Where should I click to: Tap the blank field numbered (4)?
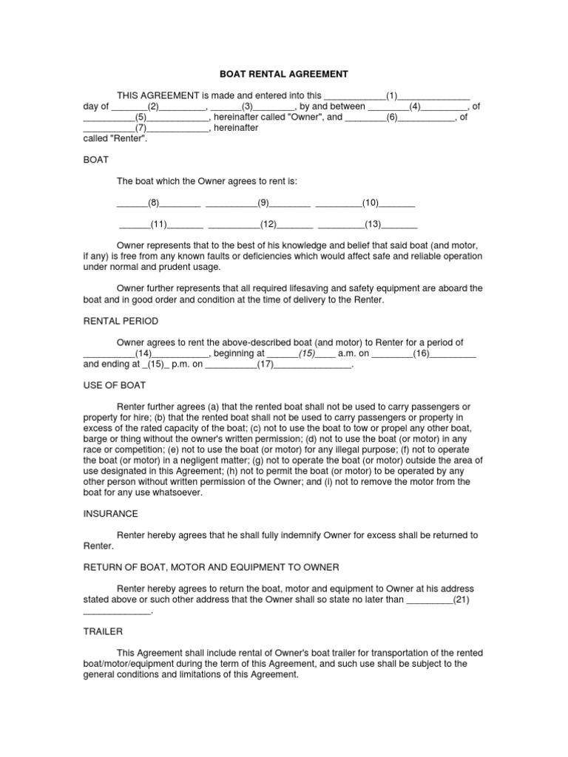pyautogui.click(x=415, y=106)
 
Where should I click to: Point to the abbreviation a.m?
pyautogui.click(x=348, y=353)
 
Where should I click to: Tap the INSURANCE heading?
pyautogui.click(x=109, y=513)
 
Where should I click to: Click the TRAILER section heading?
pyautogui.click(x=103, y=632)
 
